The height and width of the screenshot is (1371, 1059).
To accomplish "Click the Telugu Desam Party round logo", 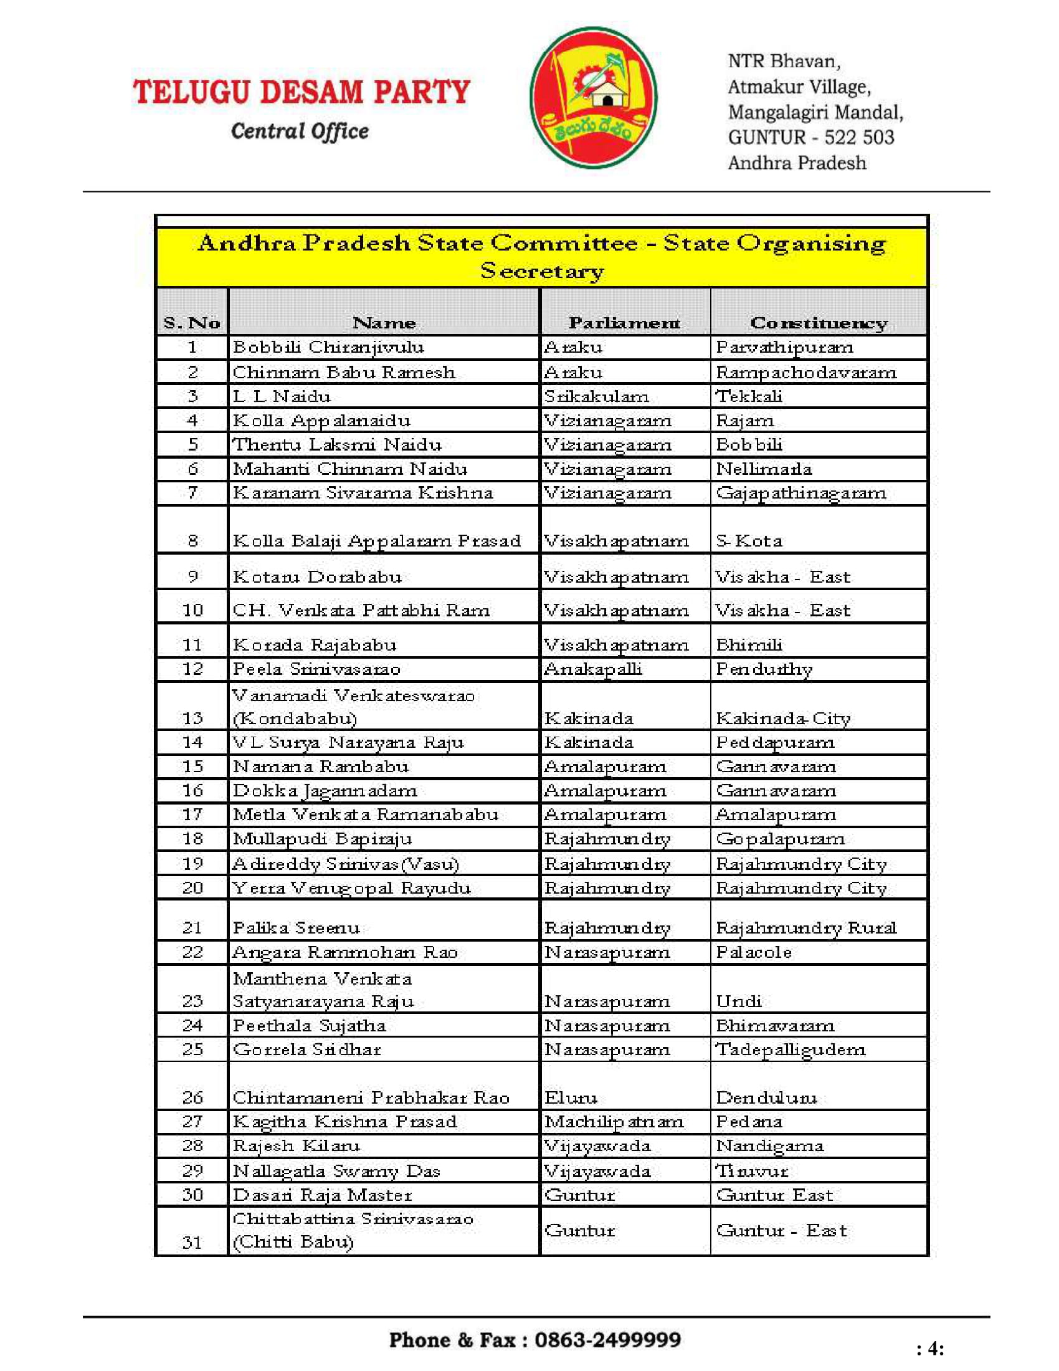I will coord(594,98).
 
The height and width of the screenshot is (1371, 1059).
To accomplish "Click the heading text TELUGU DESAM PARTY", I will coord(301,92).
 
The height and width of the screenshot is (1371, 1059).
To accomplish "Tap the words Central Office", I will coord(300,131).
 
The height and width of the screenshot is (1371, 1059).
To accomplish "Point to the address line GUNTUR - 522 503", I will coord(810,138).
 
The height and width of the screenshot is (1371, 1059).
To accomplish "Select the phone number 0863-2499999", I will coord(607,1340).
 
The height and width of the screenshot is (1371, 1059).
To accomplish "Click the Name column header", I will coord(384,323).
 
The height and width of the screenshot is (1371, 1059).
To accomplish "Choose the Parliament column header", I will coord(624,323).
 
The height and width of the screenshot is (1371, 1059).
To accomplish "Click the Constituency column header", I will coord(819,323).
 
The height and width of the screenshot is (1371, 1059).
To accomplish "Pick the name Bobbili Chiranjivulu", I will coord(328,347).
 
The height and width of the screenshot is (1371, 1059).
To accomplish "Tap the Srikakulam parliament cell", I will coord(596,396).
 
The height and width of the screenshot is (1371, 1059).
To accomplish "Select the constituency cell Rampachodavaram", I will coord(806,372).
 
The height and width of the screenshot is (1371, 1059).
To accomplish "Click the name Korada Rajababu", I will coord(315,645).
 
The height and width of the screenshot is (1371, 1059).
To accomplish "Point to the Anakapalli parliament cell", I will coord(593,669).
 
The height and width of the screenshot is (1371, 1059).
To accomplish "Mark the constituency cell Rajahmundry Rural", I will coord(806,928).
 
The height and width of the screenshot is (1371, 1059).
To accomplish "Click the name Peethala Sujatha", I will coord(310,1025).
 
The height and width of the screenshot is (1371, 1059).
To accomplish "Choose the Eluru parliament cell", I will coord(570,1097).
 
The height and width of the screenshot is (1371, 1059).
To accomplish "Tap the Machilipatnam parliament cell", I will coord(614,1121).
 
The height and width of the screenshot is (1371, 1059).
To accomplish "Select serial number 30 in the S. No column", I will coord(192,1195).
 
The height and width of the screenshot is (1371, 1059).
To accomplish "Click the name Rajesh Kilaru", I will coord(296,1145).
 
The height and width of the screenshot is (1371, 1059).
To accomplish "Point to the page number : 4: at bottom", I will coord(930,1347).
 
